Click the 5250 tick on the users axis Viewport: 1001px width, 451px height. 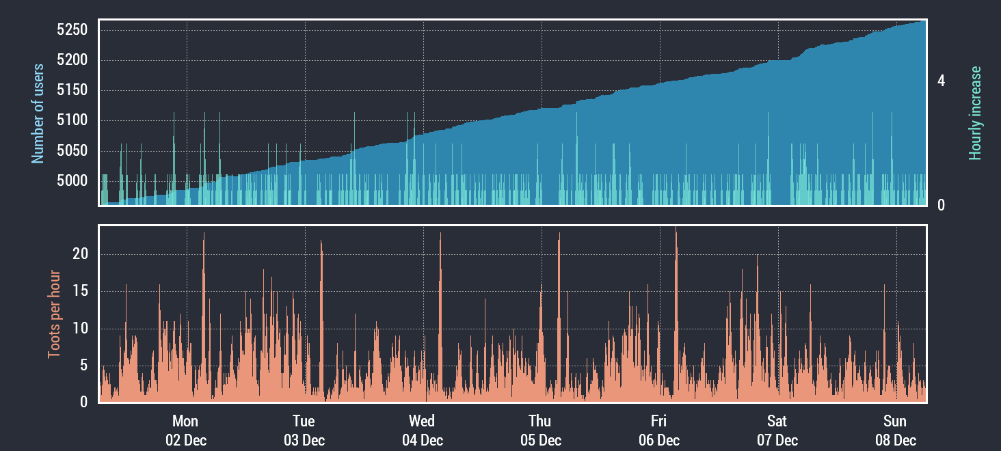pos(72,30)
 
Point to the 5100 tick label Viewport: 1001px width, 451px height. pos(72,121)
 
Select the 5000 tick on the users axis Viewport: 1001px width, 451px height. pos(72,181)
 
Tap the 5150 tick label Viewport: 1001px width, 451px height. pos(72,91)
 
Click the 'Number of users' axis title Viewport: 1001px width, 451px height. pos(38,113)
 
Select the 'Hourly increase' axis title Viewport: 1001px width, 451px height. pos(975,113)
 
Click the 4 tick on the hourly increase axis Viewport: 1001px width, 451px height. pos(941,81)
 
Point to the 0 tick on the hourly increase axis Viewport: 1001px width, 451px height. pos(941,205)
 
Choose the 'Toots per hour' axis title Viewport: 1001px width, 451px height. pos(54,314)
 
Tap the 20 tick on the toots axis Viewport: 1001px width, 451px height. pos(81,254)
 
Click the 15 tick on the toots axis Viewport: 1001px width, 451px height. pos(81,292)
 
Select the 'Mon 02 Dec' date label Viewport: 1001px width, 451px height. pos(185,430)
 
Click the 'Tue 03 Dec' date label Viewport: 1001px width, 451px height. pos(304,430)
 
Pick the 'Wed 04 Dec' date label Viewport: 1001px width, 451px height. pos(422,430)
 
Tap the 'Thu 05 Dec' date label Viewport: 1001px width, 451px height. pos(540,430)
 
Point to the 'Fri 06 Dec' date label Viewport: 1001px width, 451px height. pos(658,430)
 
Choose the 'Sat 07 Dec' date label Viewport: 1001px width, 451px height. pos(777,430)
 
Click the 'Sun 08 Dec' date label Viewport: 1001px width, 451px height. pos(895,430)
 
